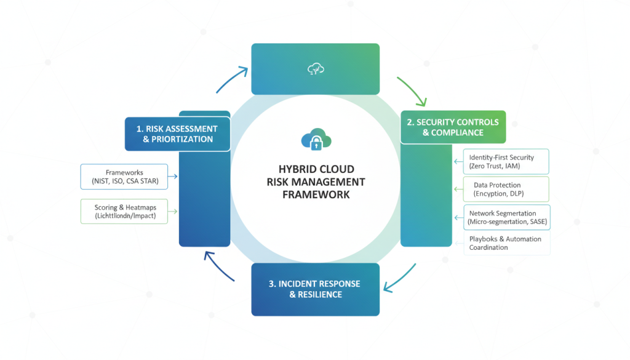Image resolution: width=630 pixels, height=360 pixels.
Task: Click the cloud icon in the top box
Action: [315, 70]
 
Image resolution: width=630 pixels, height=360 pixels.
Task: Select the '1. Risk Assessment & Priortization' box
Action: [177, 134]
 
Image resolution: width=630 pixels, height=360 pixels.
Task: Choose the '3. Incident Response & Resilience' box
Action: [315, 289]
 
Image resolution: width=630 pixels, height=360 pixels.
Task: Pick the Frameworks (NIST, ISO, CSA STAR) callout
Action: [124, 177]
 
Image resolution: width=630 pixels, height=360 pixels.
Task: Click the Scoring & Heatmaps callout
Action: [124, 212]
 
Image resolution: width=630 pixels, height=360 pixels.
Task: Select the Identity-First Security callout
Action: [501, 162]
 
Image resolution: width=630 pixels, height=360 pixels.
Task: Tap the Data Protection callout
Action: [501, 190]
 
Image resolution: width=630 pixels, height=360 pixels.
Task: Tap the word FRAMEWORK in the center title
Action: [316, 194]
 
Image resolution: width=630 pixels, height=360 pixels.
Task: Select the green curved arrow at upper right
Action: [411, 90]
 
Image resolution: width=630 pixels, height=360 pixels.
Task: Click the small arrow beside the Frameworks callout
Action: [173, 177]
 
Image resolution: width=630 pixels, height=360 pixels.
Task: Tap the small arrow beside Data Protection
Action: [457, 190]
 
